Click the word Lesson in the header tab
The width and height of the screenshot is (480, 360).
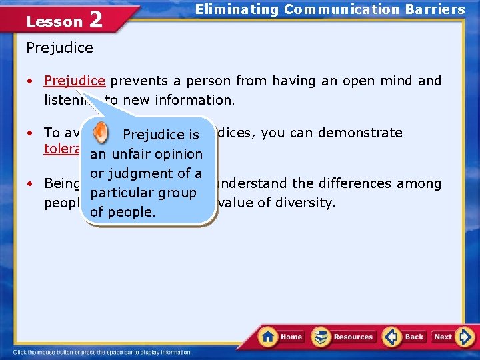[x=54, y=21]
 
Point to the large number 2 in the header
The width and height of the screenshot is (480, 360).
[x=95, y=19]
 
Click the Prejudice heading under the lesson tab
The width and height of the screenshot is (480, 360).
[x=59, y=48]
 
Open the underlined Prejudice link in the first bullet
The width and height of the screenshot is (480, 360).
[x=75, y=81]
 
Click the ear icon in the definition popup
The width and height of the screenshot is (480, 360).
[x=101, y=132]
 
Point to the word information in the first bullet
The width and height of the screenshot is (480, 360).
[x=195, y=99]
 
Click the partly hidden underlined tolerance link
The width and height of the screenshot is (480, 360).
[x=63, y=149]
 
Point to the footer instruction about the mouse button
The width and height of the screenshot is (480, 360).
[x=103, y=352]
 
